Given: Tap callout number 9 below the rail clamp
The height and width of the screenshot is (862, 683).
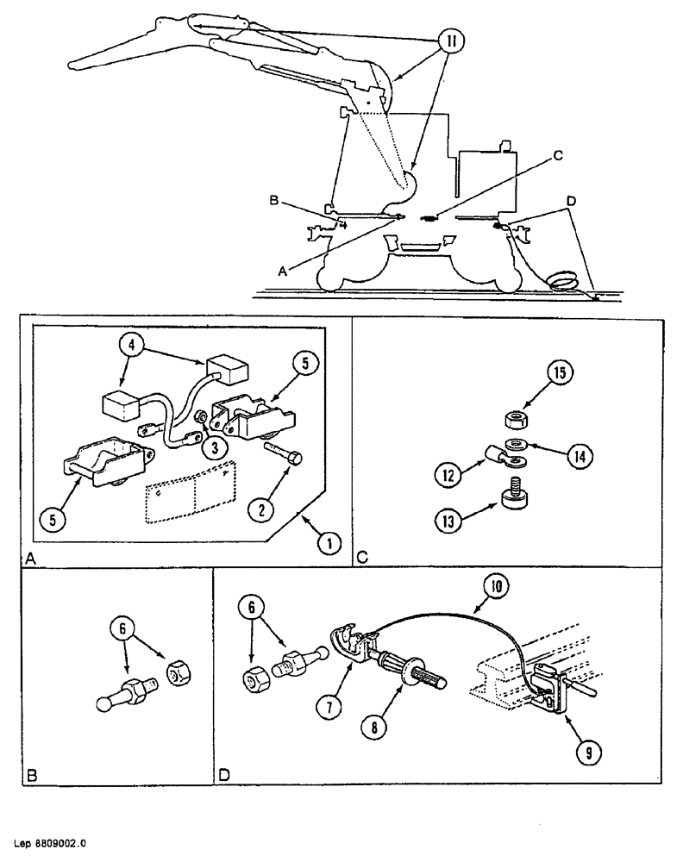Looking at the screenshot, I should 589,754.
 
